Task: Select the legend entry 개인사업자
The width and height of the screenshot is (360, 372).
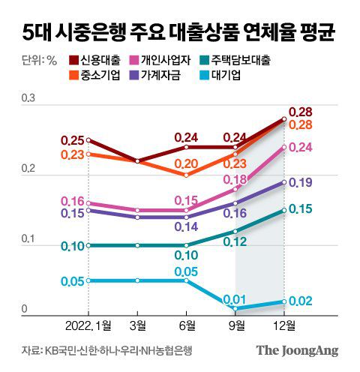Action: coord(168,60)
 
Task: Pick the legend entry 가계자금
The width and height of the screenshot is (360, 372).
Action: coord(168,75)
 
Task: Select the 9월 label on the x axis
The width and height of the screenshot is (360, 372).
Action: coord(235,325)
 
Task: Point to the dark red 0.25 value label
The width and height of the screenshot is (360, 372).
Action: coord(73,139)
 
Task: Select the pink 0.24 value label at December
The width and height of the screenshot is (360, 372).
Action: coord(300,148)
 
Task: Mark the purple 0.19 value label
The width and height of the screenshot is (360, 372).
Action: coord(300,182)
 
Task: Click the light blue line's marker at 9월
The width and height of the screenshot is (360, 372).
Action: coord(235,308)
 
